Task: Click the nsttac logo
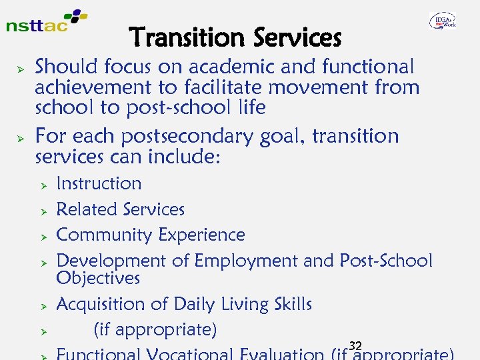[45, 22]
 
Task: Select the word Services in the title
[297, 38]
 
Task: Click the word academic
[228, 67]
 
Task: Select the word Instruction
[99, 183]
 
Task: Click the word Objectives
[98, 277]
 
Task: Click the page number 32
[355, 345]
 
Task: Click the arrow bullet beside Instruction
[42, 185]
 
